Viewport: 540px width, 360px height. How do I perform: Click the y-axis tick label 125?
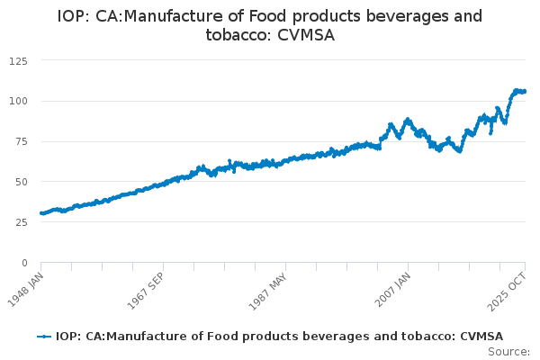click(x=18, y=60)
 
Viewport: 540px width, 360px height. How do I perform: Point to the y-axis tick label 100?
click(x=18, y=101)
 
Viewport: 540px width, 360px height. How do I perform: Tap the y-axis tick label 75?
click(x=21, y=141)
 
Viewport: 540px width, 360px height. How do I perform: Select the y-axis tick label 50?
click(x=21, y=182)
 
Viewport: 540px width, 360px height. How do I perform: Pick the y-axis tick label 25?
click(x=21, y=222)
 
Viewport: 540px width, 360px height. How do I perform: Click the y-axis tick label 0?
click(x=24, y=263)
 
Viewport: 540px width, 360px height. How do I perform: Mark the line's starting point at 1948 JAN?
click(x=41, y=213)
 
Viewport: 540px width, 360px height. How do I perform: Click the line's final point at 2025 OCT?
click(x=525, y=91)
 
